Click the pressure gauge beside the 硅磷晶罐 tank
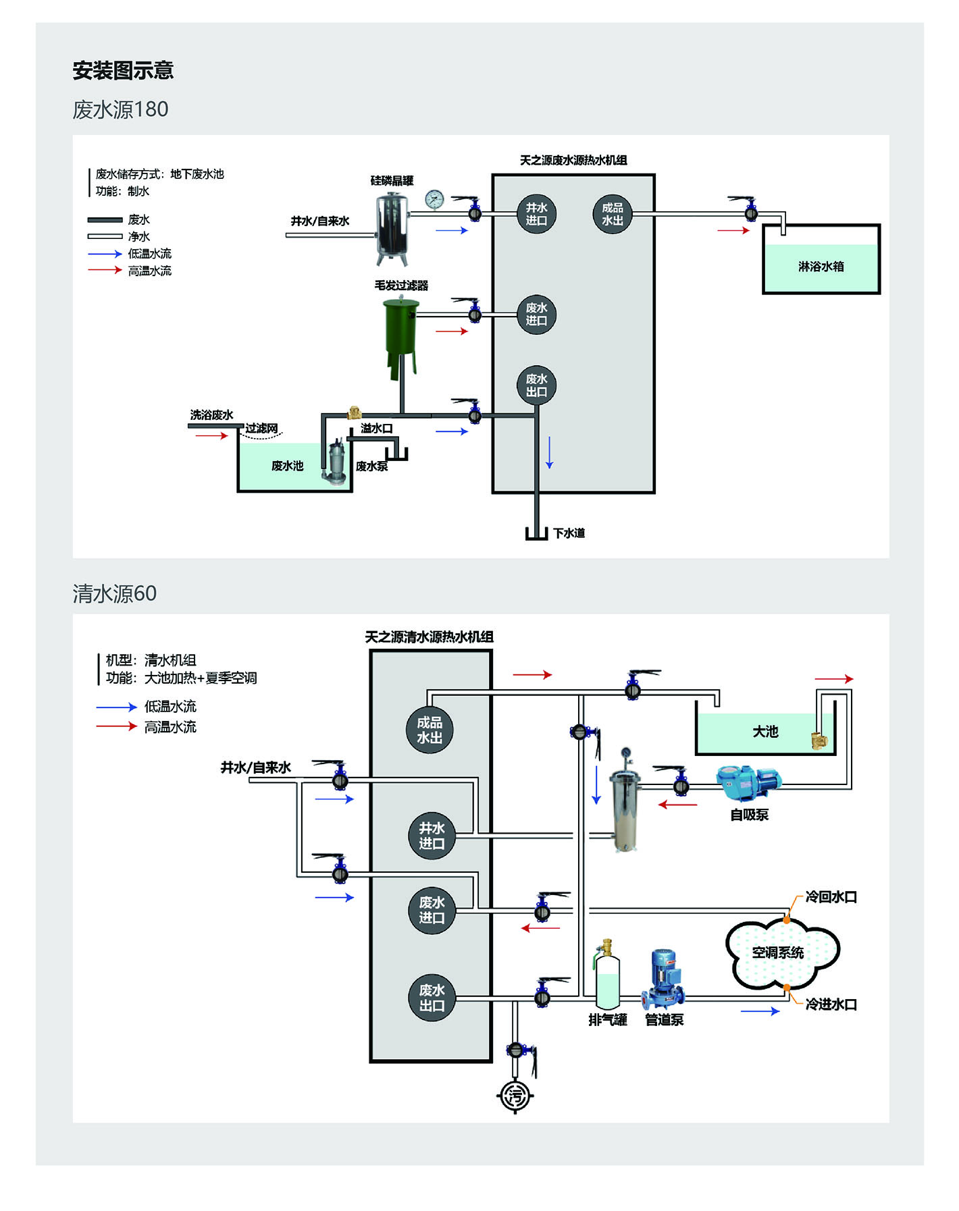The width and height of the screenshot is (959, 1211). [435, 199]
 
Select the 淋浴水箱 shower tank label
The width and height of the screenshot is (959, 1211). [821, 267]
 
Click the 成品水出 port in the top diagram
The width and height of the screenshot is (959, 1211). [613, 214]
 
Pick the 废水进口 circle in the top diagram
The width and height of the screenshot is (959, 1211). [536, 315]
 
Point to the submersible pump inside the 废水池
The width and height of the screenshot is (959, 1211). [336, 463]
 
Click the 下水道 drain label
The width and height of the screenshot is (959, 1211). [569, 533]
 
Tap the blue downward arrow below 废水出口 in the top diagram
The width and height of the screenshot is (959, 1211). [549, 453]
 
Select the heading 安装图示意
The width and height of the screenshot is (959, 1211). [123, 70]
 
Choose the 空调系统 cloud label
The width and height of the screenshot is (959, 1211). [778, 952]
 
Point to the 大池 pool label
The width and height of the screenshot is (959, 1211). [765, 732]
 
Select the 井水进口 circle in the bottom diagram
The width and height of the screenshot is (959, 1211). [432, 836]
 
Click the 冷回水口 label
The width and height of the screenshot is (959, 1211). [831, 897]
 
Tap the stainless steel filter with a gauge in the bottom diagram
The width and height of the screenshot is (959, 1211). [625, 807]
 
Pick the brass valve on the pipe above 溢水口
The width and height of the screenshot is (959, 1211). [353, 412]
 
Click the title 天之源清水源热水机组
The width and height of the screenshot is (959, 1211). [430, 637]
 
